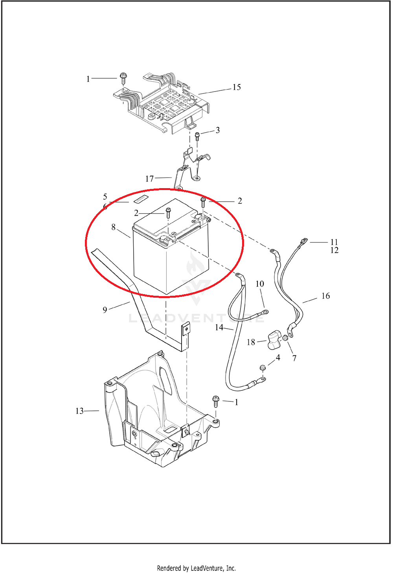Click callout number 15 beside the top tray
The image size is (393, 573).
pyautogui.click(x=237, y=87)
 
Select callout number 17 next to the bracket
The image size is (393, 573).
pyautogui.click(x=149, y=179)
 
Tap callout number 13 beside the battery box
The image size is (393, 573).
pyautogui.click(x=79, y=411)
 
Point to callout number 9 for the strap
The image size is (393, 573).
pyautogui.click(x=105, y=310)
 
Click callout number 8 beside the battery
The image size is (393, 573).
pyautogui.click(x=114, y=227)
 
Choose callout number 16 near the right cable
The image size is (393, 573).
pyautogui.click(x=325, y=296)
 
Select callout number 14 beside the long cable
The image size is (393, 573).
pyautogui.click(x=219, y=327)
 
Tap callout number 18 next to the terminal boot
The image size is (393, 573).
pyautogui.click(x=251, y=342)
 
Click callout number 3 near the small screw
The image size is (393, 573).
pyautogui.click(x=217, y=130)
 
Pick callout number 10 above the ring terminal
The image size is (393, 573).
pyautogui.click(x=260, y=284)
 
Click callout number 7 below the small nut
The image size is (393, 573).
pyautogui.click(x=294, y=359)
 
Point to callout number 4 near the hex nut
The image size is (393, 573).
pyautogui.click(x=278, y=357)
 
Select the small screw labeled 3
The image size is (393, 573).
pyautogui.click(x=197, y=136)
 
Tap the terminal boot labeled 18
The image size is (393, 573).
pyautogui.click(x=274, y=340)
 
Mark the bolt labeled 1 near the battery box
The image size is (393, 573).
pyautogui.click(x=215, y=401)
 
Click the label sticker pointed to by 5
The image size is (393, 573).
pyautogui.click(x=141, y=199)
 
